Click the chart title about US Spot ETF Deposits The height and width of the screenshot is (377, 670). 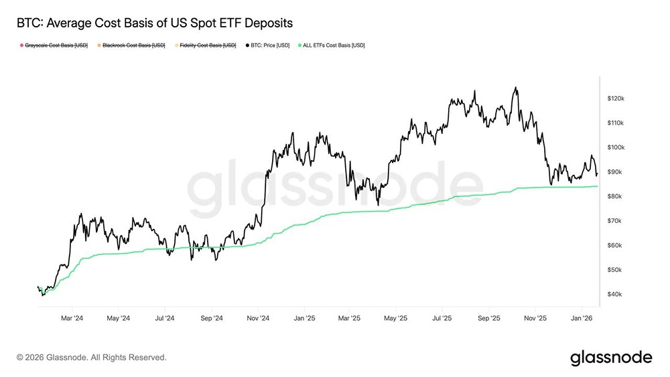click(154, 23)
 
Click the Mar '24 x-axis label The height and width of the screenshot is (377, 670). click(72, 318)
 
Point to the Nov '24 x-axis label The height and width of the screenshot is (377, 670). click(258, 318)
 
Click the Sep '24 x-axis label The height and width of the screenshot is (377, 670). click(212, 318)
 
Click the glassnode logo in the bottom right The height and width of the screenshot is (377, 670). click(610, 358)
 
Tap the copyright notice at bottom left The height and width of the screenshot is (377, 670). click(92, 358)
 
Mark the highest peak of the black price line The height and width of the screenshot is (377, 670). click(515, 87)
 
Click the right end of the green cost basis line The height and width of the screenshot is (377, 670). click(598, 186)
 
